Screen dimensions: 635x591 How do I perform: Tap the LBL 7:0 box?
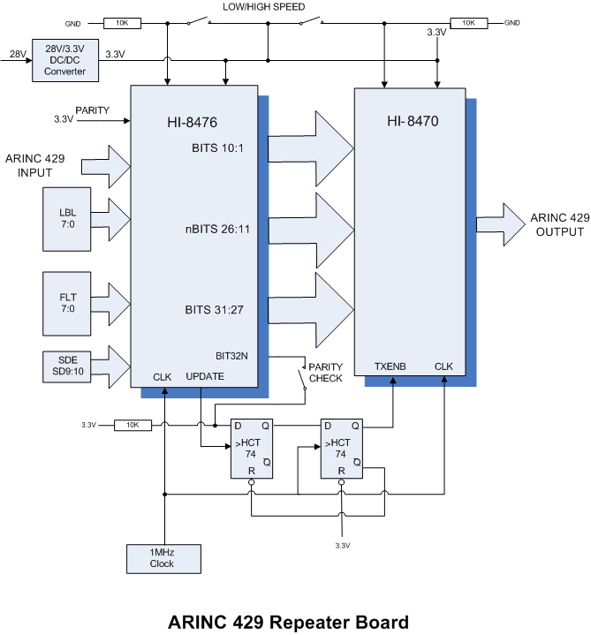point(68,218)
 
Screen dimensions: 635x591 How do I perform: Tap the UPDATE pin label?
point(205,376)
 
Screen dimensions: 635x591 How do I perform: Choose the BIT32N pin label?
point(232,356)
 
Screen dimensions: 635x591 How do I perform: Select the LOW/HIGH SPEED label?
point(264,7)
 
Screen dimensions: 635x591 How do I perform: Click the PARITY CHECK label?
point(325,373)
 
